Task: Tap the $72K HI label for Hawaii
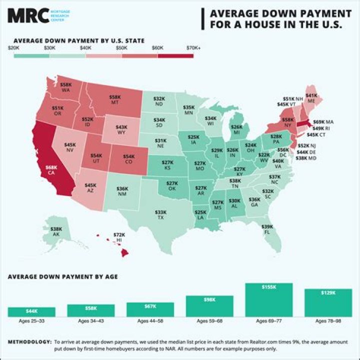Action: pos(119,237)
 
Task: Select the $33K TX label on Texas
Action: pos(160,215)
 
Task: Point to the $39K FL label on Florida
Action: pos(267,229)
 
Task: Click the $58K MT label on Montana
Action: pos(115,100)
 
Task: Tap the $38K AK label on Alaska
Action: pos(56,231)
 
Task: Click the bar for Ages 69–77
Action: pos(268,299)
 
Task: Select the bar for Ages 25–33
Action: pos(31,311)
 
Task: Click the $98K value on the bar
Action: pos(209,300)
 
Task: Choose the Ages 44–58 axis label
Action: pos(150,320)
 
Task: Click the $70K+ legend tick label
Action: pos(193,48)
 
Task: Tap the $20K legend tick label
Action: pos(14,48)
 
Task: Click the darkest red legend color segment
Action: pos(175,55)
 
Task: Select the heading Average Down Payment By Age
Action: pos(62,276)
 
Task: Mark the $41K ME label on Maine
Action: pos(311,97)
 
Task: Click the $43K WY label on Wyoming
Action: pos(121,130)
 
